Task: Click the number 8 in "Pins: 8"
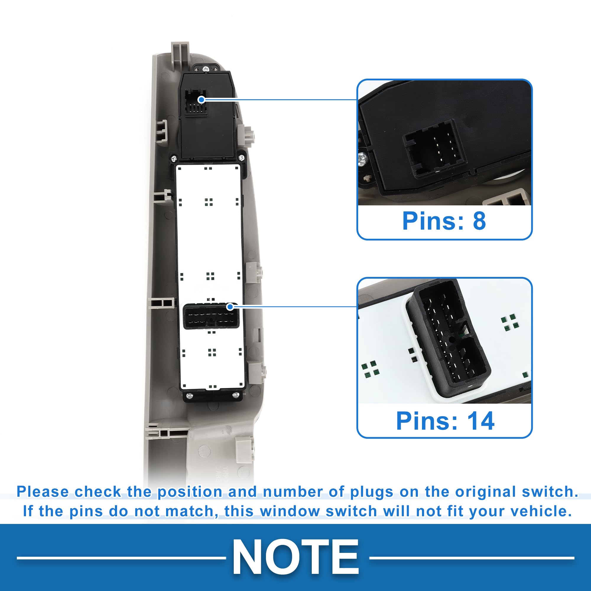[x=479, y=220]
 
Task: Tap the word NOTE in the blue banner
[x=295, y=557]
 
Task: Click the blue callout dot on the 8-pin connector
[x=201, y=99]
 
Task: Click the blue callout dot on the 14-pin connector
[x=230, y=306]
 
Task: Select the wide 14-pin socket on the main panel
[x=211, y=317]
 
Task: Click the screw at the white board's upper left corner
[x=174, y=158]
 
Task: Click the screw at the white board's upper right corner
[x=242, y=158]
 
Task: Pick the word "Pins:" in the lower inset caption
[x=427, y=421]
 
